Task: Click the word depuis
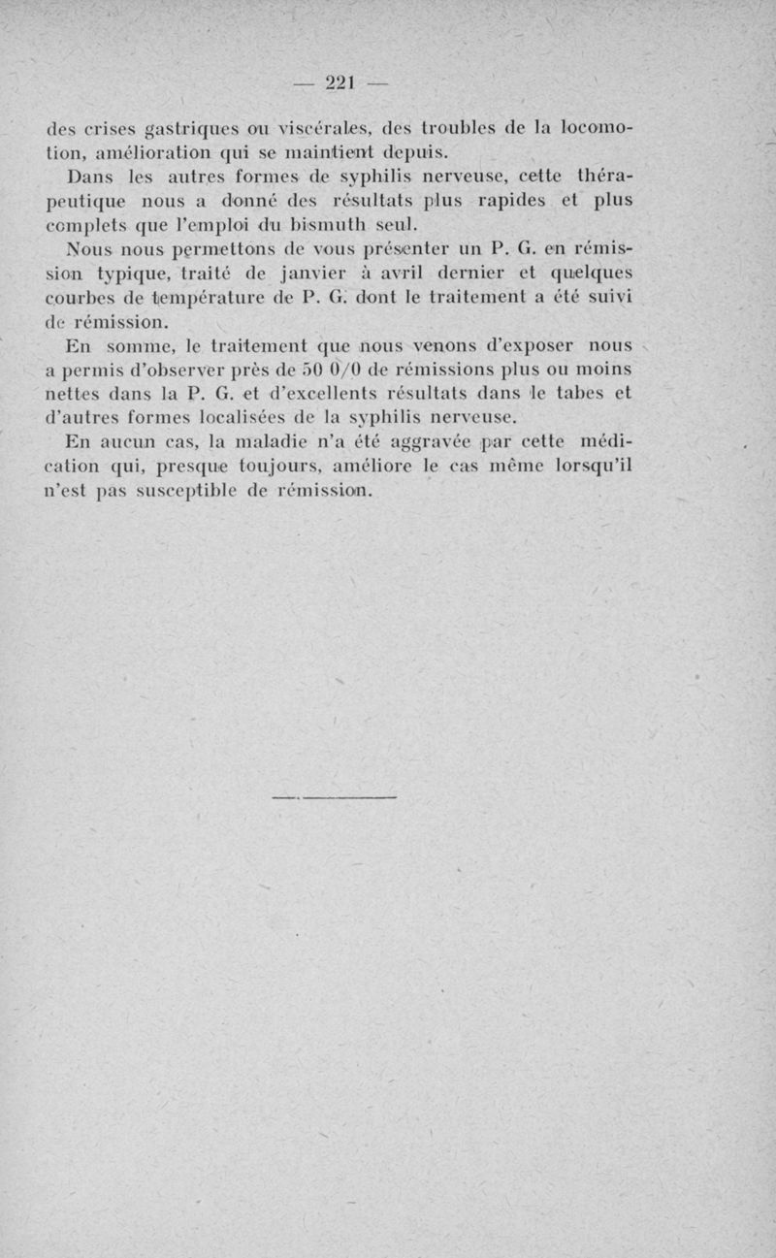click(417, 151)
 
